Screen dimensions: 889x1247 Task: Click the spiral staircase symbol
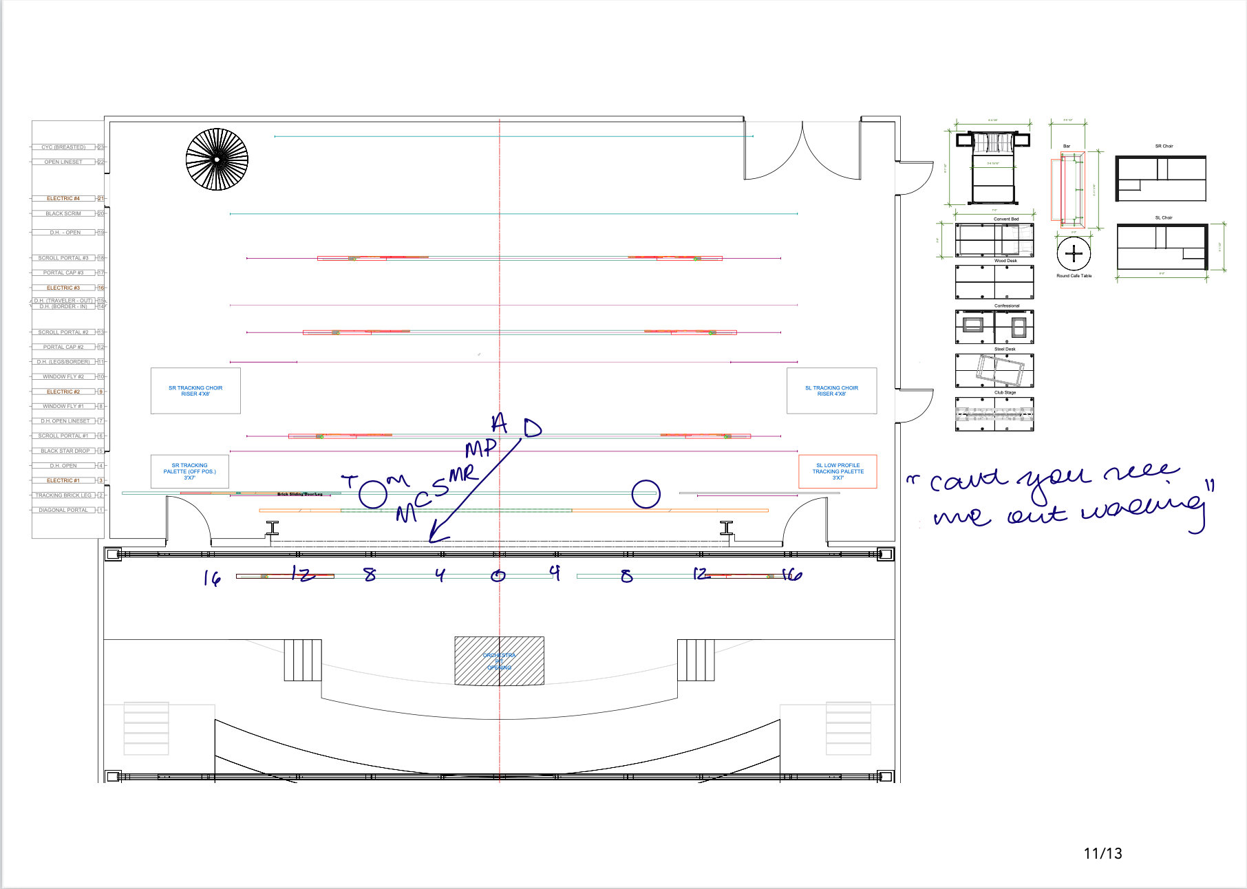point(217,159)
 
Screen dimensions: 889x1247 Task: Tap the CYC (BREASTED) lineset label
point(63,147)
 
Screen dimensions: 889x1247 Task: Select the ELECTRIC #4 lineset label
point(63,198)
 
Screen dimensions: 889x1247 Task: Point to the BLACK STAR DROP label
point(65,451)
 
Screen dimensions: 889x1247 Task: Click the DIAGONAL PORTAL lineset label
point(63,510)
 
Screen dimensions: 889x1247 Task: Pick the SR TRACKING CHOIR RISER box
point(195,391)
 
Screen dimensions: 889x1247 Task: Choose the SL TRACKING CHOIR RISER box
point(831,391)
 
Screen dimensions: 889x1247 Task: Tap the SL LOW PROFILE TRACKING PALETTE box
point(838,471)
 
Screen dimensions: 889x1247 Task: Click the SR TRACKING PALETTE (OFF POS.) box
point(190,471)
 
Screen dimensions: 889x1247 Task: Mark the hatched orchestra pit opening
point(499,661)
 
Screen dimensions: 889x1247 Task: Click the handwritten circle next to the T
point(373,493)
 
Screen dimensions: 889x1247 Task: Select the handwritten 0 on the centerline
point(498,576)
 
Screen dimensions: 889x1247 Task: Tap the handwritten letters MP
point(480,449)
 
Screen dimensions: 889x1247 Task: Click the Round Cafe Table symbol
point(1074,254)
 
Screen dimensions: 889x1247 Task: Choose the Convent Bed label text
point(1006,219)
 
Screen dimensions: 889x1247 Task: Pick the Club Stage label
point(1005,392)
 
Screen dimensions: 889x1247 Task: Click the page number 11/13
point(1102,854)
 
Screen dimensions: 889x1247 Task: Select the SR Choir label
point(1164,146)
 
